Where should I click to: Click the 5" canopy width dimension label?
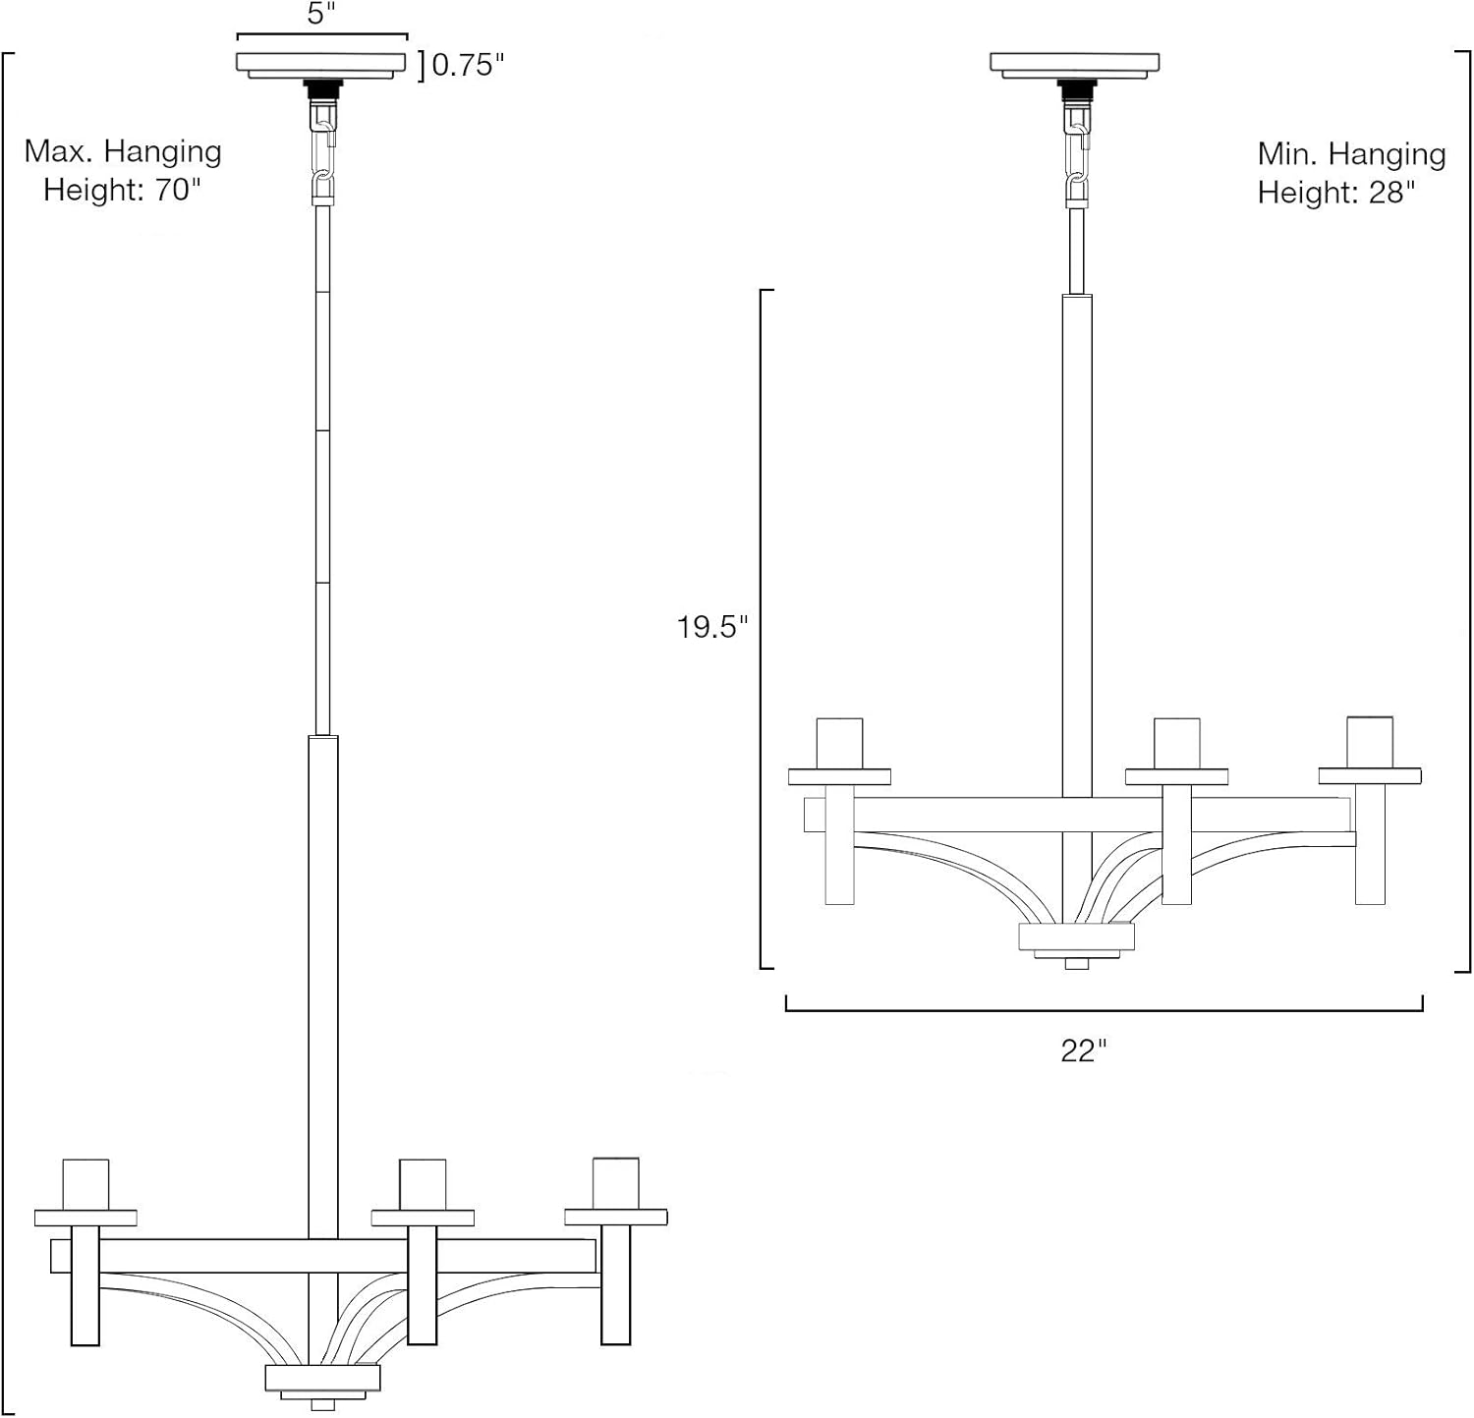(321, 15)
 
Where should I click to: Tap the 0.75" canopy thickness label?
(468, 65)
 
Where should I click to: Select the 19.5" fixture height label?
(711, 627)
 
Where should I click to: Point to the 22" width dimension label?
(1083, 1050)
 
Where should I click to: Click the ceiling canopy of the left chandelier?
(321, 64)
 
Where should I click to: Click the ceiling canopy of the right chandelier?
(1075, 64)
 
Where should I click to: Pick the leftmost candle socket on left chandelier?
(85, 1185)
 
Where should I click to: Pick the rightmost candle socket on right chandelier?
(1370, 742)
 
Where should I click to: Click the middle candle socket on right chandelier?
(1176, 743)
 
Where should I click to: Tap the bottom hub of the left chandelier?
(322, 1378)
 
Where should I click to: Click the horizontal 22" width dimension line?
(1104, 1009)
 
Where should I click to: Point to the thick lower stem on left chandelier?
(322, 983)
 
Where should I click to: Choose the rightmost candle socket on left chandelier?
(616, 1185)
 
